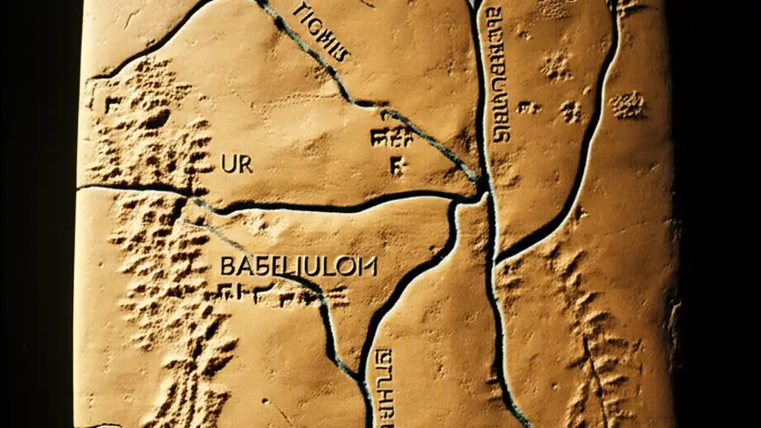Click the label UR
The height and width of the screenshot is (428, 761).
[x=237, y=165]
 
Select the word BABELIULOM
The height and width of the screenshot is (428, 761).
[x=298, y=266]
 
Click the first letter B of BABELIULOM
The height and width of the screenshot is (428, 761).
[x=227, y=266]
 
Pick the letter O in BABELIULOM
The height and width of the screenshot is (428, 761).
[x=352, y=267]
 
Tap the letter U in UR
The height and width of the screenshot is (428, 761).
[x=229, y=165]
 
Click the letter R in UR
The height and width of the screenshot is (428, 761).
[x=244, y=165]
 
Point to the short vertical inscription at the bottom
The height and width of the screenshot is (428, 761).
[x=380, y=386]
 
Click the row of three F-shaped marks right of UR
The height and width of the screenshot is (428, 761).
[x=391, y=139]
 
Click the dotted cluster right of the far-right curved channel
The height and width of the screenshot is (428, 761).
[x=628, y=105]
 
